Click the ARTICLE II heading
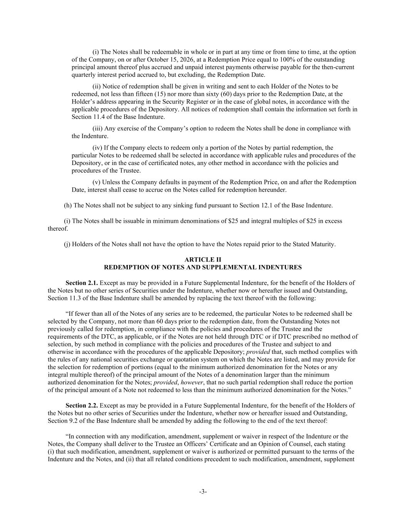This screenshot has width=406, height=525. pos(203,260)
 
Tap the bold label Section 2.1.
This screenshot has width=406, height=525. pos(82,283)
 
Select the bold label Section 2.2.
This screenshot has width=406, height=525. pos(82,405)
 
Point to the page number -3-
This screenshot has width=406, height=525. pos(203,492)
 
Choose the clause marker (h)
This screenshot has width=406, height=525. pos(68,205)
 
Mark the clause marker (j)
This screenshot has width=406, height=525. pos(67,244)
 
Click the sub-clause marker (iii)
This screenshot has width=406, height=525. pos(98,128)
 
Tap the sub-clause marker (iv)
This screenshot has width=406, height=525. pos(97,148)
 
